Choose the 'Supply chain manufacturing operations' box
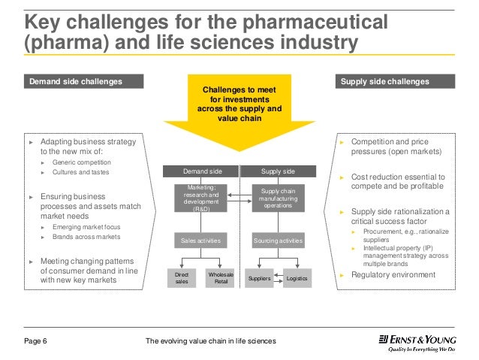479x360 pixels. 278,198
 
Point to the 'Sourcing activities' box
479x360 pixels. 278,241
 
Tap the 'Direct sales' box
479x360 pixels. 182,279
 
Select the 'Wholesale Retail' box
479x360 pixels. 220,279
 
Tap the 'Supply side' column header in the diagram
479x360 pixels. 278,171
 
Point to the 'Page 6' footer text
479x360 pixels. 35,342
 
